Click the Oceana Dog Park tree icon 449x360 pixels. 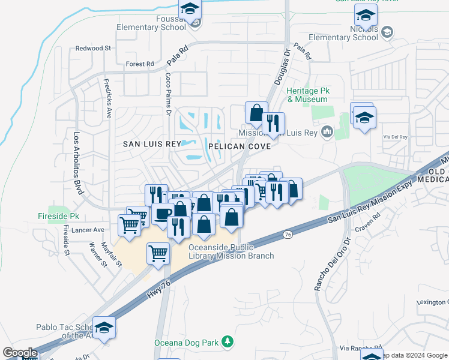tap(227, 342)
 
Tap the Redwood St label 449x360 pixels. tap(94, 48)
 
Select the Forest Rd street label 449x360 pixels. tap(140, 64)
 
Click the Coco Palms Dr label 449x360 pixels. tap(169, 95)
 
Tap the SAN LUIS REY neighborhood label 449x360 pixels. tap(152, 144)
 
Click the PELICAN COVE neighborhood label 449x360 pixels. tap(235, 146)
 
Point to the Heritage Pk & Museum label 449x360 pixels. tap(307, 95)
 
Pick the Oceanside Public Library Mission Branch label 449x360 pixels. tap(231, 251)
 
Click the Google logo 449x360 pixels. tap(20, 353)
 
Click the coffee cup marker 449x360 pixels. tap(163, 213)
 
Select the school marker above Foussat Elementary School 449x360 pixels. tap(190, 10)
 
